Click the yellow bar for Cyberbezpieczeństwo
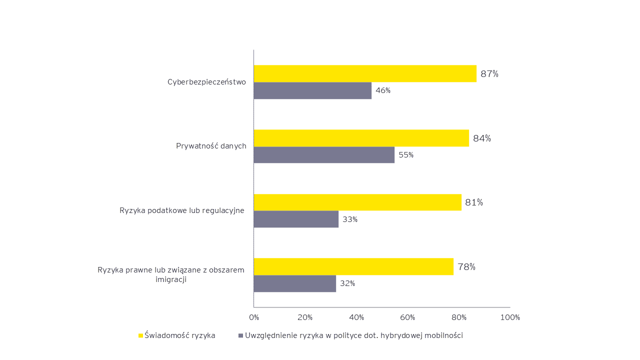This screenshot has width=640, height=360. click(365, 73)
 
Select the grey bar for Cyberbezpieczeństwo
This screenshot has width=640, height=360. click(312, 90)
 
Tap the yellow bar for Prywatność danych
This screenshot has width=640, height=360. click(361, 138)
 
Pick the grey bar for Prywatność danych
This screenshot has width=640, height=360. click(324, 154)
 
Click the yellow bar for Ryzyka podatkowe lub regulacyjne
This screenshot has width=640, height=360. click(357, 202)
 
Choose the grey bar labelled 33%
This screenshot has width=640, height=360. click(296, 219)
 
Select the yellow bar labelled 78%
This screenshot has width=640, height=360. click(353, 266)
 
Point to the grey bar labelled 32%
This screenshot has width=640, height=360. click(294, 283)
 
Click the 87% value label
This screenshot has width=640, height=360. click(489, 74)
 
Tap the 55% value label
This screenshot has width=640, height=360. click(406, 155)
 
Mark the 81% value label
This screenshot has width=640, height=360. click(474, 202)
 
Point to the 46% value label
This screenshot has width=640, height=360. click(383, 90)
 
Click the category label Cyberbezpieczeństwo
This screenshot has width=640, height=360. click(206, 82)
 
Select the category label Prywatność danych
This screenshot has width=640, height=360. click(211, 146)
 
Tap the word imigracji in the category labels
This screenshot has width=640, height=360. click(171, 279)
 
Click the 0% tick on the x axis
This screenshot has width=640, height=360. click(254, 317)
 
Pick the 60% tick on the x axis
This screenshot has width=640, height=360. click(408, 317)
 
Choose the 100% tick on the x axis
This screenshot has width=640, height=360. click(510, 317)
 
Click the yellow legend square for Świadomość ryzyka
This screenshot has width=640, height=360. click(140, 335)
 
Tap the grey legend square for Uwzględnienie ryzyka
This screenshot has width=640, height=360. click(240, 335)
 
